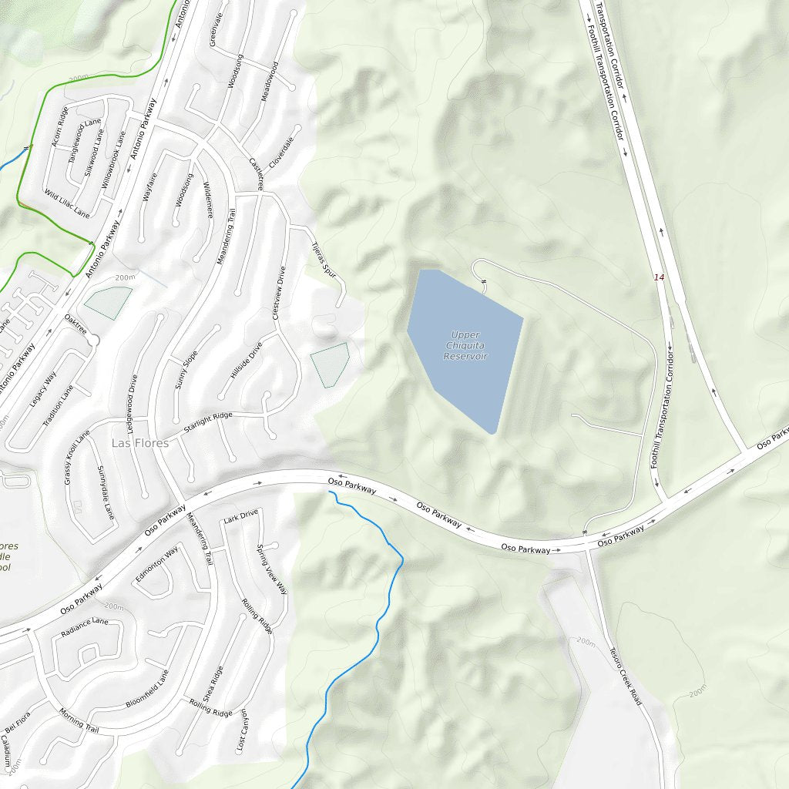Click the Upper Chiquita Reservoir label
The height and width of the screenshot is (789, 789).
click(465, 346)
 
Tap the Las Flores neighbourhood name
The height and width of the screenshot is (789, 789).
click(139, 443)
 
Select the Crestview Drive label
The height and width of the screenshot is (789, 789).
click(279, 293)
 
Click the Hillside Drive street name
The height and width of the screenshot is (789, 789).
click(247, 360)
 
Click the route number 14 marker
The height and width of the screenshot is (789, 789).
click(658, 277)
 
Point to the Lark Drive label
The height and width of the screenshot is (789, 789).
click(240, 516)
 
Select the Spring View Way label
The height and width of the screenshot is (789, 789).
click(271, 568)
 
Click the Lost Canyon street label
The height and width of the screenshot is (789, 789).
click(242, 731)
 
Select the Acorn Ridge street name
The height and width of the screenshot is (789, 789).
click(60, 126)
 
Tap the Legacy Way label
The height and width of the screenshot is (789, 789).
click(43, 388)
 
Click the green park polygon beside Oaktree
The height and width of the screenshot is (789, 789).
click(109, 302)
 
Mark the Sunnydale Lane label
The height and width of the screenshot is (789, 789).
click(106, 492)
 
